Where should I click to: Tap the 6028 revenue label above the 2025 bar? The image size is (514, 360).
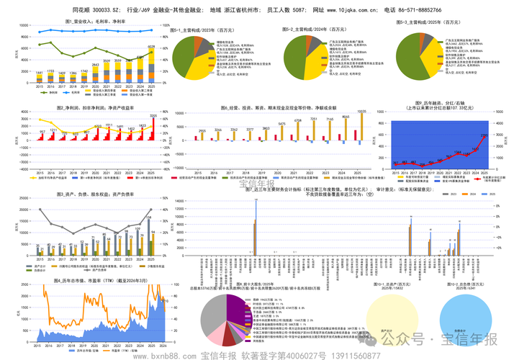click(x=151, y=48)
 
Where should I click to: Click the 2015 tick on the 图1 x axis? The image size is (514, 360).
click(x=40, y=86)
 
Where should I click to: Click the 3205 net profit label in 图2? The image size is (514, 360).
click(x=153, y=115)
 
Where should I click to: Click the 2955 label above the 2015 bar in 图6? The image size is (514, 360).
click(x=203, y=130)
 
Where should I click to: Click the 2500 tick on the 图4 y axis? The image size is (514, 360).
click(x=25, y=289)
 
